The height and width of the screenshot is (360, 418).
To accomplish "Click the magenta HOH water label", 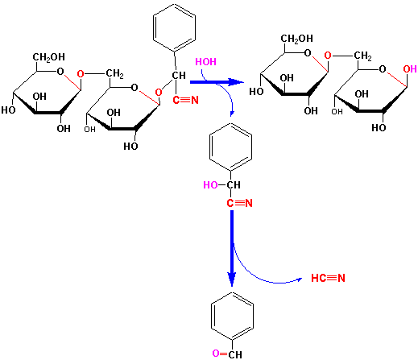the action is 205,62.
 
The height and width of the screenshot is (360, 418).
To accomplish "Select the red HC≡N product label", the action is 328,278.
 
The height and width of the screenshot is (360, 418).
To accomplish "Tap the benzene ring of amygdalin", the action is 174,27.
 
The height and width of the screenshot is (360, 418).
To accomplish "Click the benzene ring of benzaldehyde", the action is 232,317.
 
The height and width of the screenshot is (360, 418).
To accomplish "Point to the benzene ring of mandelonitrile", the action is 230,147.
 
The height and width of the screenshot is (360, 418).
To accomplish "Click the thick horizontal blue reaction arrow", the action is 217,82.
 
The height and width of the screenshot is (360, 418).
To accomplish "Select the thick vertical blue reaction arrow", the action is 232,248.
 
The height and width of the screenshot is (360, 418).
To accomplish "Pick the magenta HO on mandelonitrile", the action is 210,185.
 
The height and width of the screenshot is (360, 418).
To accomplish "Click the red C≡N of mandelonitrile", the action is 239,203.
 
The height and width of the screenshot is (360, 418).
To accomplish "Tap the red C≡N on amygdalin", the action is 185,100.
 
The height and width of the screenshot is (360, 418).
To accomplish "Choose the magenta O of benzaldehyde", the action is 216,354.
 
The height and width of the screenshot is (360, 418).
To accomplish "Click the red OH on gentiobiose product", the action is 410,69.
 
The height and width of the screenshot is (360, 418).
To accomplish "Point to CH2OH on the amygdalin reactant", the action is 48,57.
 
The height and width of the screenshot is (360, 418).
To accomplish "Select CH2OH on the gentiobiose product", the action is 297,39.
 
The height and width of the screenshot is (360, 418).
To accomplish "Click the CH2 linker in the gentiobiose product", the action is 362,56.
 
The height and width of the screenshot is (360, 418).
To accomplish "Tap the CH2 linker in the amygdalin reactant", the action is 114,73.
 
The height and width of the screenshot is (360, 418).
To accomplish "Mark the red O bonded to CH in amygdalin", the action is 159,93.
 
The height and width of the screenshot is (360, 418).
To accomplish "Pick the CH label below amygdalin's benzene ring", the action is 179,76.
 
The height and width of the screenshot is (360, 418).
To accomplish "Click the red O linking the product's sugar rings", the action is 328,56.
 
